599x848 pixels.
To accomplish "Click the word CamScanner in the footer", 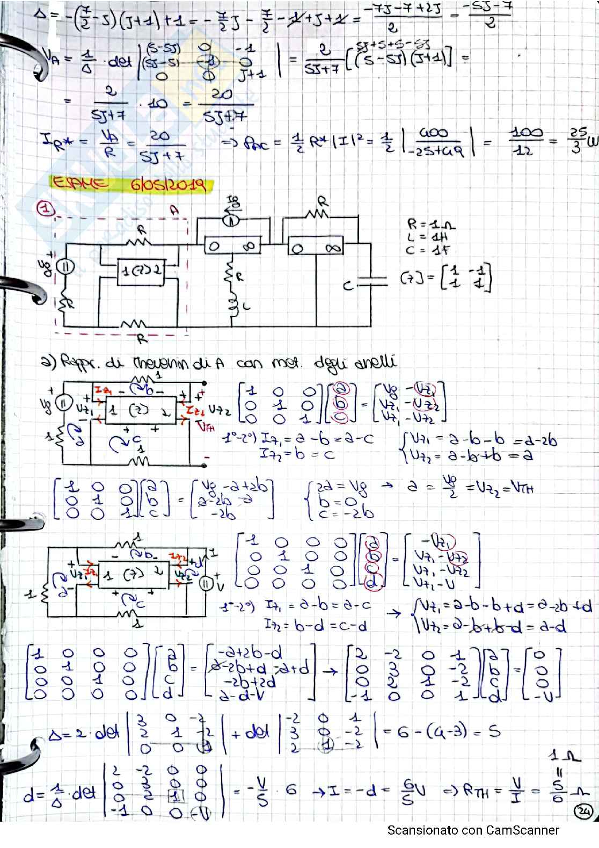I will (x=522, y=830).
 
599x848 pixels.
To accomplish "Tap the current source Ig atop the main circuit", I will (x=231, y=219).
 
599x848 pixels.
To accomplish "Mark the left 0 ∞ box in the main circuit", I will (x=232, y=247).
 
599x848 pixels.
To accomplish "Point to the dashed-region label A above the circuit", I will (x=174, y=211).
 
